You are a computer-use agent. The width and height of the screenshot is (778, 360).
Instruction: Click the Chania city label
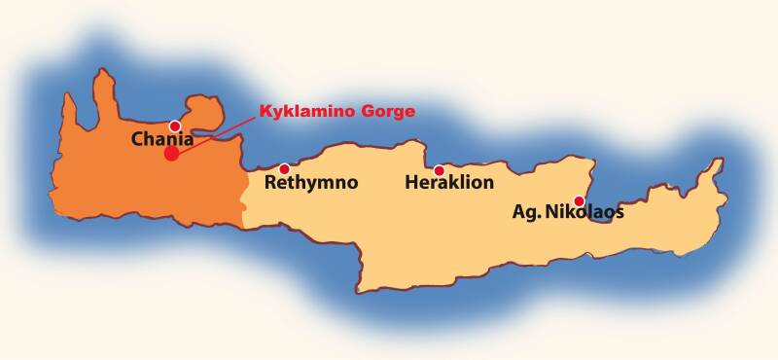point(162,140)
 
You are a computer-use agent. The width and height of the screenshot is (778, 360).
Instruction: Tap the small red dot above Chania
point(175,126)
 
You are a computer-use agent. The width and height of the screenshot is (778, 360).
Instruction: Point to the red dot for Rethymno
point(284,169)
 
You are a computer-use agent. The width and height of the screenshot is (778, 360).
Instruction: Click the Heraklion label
point(449,182)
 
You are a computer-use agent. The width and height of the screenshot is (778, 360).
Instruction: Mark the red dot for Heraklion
point(440,170)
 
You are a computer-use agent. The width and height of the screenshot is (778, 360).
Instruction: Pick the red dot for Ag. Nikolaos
point(580,200)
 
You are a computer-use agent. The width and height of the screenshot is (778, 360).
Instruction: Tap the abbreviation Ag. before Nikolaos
point(526,212)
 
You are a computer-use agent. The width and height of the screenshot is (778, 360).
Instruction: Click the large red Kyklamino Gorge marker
point(171,153)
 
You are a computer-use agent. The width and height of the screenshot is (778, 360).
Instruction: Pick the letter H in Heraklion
point(410,182)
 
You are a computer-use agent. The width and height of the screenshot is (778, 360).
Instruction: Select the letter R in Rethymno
point(269,182)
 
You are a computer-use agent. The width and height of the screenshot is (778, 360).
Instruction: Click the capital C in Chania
point(138,140)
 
